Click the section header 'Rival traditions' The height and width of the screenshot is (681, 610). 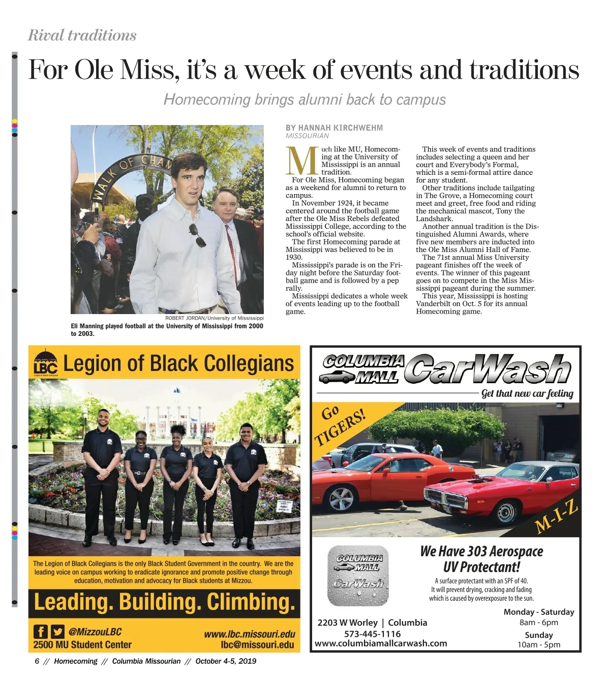82,35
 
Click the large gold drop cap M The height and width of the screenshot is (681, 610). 302,161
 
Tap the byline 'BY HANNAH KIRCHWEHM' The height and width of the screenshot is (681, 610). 334,128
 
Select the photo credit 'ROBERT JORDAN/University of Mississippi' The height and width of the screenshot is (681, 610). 214,318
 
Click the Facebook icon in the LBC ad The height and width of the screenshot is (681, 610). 41,632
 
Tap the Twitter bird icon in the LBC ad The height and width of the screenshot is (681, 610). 58,632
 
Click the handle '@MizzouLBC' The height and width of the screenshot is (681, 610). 95,632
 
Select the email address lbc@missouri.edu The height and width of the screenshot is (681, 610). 257,645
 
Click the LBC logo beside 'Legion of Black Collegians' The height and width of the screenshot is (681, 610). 45,363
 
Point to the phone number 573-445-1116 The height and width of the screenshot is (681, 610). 372,634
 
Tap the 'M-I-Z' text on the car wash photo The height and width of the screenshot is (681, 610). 557,517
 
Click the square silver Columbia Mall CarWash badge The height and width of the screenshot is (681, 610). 358,575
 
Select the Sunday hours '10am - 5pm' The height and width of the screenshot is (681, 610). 538,645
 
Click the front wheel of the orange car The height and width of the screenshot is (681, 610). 341,498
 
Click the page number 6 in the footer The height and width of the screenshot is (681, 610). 37,661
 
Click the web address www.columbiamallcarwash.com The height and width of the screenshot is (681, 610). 381,643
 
